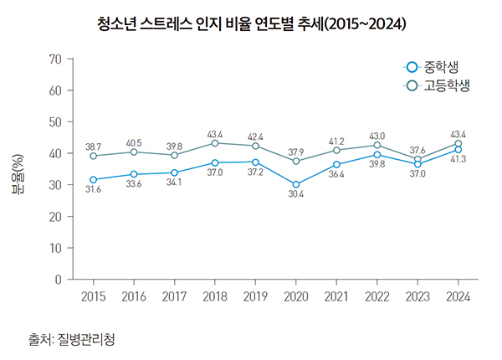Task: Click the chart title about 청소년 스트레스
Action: pos(251,24)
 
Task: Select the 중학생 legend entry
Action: pos(433,67)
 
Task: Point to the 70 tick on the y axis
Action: pos(56,59)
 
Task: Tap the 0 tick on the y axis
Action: pos(59,279)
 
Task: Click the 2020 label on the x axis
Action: pos(296,296)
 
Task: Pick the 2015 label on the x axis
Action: pos(93,296)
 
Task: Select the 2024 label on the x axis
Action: pos(458,296)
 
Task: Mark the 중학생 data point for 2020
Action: pos(296,184)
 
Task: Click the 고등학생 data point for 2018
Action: pos(215,143)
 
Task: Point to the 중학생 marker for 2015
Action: pos(93,180)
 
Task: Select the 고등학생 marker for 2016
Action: pos(134,152)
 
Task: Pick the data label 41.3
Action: pos(458,159)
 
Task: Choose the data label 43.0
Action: pos(377,136)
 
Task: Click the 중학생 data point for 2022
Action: pos(377,154)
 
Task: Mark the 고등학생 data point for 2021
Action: pos(336,150)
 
